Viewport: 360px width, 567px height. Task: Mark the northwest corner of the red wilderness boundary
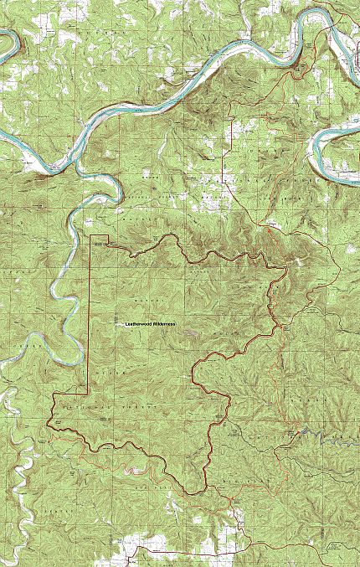91,238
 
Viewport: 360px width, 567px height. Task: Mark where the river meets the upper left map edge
4,38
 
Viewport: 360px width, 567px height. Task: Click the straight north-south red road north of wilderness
221,159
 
